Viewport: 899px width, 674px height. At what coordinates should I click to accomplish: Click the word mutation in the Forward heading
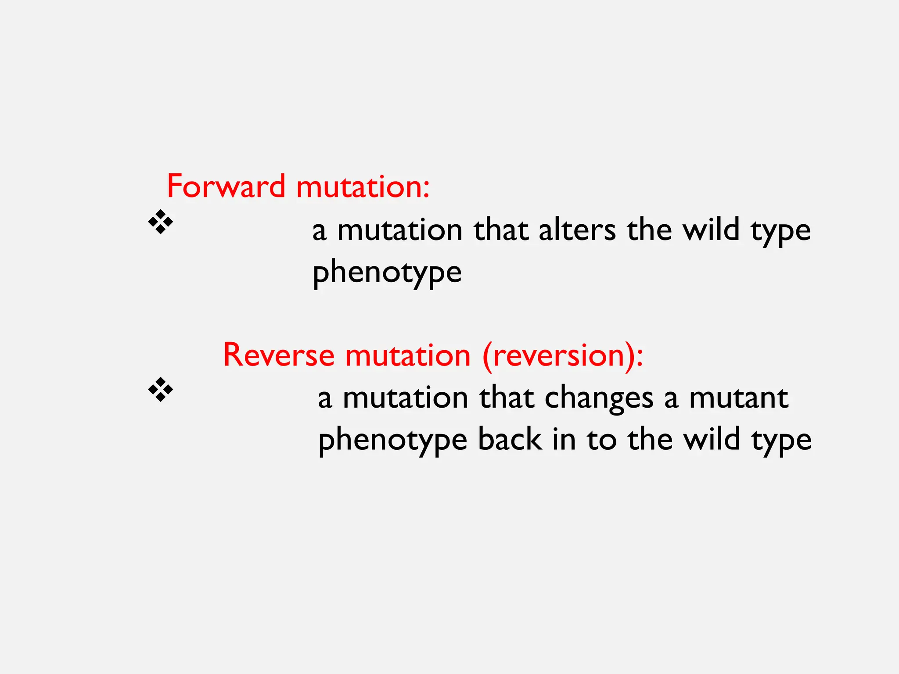(363, 186)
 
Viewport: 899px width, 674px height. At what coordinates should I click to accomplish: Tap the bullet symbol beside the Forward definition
(161, 222)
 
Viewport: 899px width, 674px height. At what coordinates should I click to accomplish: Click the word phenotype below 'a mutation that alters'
(387, 272)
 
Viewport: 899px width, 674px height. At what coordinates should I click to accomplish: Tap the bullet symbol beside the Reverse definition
(161, 389)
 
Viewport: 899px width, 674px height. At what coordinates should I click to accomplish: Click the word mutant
(739, 398)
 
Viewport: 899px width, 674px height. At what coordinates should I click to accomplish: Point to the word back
(509, 440)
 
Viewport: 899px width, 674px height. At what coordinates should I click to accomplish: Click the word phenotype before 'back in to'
(392, 440)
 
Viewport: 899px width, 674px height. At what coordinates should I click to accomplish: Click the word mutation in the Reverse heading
(408, 355)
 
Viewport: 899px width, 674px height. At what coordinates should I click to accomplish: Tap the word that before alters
(500, 230)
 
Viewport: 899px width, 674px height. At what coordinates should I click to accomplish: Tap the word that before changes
(506, 398)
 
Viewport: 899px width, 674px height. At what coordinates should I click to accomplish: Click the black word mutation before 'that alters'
(399, 230)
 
